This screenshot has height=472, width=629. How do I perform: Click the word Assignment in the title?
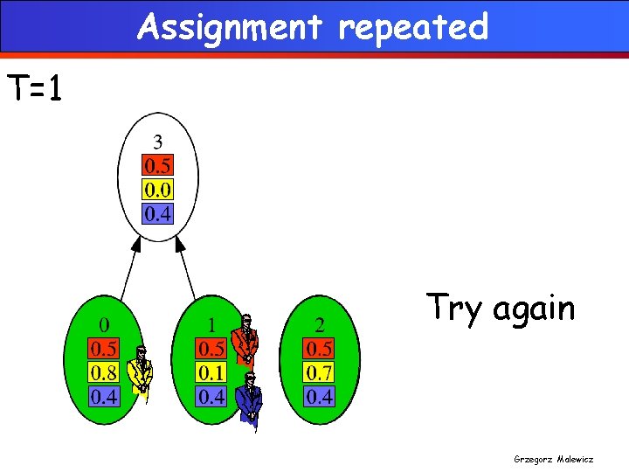tap(230, 27)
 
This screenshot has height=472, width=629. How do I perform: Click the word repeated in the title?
tap(413, 28)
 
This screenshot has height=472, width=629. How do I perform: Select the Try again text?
tap(501, 308)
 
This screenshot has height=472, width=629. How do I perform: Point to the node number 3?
tap(157, 142)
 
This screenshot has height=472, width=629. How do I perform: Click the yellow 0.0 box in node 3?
tap(158, 190)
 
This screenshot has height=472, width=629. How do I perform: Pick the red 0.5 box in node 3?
tap(158, 166)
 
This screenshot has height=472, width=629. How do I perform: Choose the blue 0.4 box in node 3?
tap(158, 213)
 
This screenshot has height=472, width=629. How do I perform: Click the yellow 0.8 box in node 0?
tap(105, 373)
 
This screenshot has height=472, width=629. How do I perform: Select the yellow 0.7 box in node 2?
tap(320, 373)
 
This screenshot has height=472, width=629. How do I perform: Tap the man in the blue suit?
tap(251, 399)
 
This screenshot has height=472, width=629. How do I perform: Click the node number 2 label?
tap(320, 325)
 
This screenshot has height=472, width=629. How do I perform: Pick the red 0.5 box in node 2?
tap(320, 349)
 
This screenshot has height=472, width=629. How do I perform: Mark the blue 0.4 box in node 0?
tap(105, 397)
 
